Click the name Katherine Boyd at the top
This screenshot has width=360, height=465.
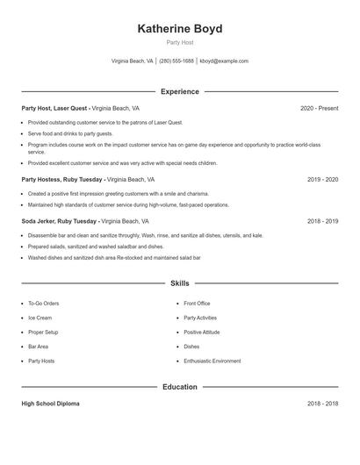click(x=180, y=29)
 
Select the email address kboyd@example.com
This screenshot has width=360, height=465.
click(x=224, y=61)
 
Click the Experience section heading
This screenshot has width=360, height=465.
click(x=180, y=91)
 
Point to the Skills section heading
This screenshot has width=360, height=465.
click(x=180, y=283)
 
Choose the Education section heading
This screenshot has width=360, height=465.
click(x=180, y=387)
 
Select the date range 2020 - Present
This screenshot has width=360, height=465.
click(x=319, y=108)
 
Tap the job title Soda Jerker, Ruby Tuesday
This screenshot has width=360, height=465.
click(x=60, y=222)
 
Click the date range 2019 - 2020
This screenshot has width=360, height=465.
click(x=322, y=179)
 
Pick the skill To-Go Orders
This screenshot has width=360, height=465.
click(x=43, y=304)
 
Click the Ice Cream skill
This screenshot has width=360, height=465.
click(x=40, y=318)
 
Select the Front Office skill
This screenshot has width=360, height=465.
click(x=197, y=304)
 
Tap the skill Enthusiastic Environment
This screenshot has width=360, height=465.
click(x=212, y=361)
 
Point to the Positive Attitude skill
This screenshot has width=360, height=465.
click(x=201, y=332)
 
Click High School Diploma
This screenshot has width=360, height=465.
click(x=50, y=404)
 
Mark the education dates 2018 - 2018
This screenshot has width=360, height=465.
click(x=322, y=404)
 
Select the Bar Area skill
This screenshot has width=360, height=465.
click(x=39, y=347)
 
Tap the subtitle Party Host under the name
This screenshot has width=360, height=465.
click(x=180, y=42)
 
